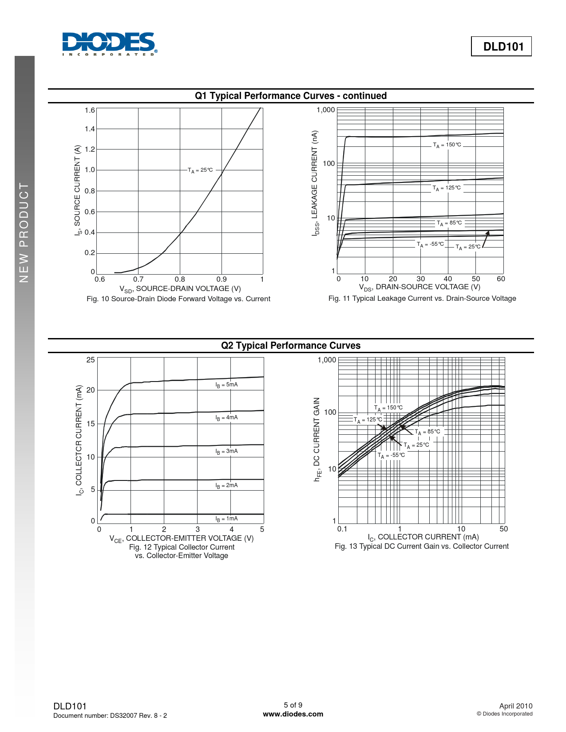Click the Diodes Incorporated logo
(x=109, y=44)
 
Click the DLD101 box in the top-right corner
(x=501, y=47)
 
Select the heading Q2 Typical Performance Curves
(x=291, y=346)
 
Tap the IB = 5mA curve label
(x=226, y=385)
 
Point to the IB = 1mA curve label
(x=226, y=519)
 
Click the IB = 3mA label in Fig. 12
(x=226, y=451)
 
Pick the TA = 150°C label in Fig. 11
(x=447, y=145)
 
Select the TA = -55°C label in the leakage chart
(x=430, y=244)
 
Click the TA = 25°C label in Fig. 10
(x=200, y=170)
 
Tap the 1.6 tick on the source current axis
(x=90, y=110)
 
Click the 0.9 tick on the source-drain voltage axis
(x=222, y=279)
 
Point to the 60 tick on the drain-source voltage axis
(x=501, y=279)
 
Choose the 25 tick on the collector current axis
(x=91, y=360)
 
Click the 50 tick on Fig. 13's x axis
(x=503, y=529)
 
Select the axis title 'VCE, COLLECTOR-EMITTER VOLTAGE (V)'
(x=182, y=538)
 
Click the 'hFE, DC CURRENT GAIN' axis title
(x=317, y=440)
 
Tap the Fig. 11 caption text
(x=422, y=299)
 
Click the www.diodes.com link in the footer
(x=293, y=714)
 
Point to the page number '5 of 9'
(x=293, y=705)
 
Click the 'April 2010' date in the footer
(x=516, y=706)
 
